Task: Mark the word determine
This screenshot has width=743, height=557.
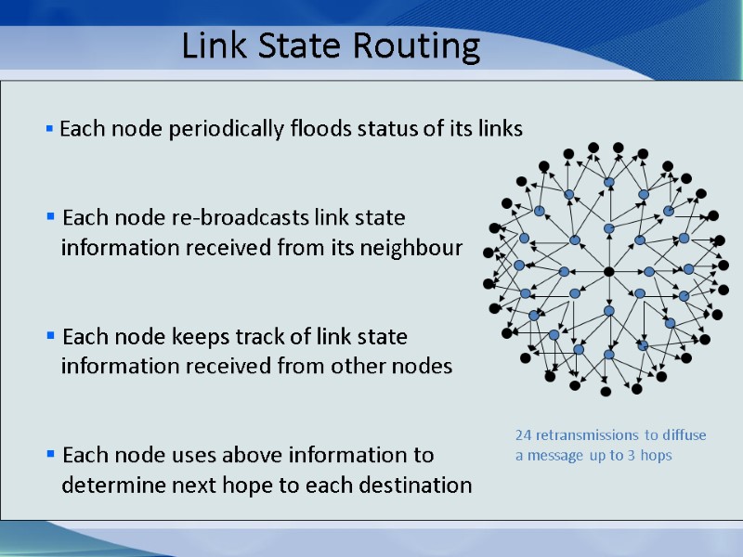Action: point(115,486)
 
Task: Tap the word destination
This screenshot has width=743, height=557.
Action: point(414,486)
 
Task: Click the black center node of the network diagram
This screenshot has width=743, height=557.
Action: point(609,272)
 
